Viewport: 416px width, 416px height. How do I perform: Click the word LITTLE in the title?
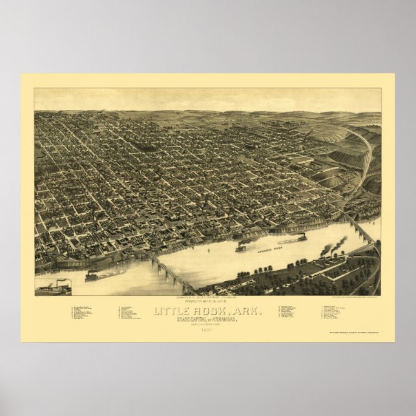click(173, 312)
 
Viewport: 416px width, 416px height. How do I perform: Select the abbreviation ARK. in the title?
click(247, 312)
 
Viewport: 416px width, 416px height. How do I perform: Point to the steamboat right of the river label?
click(302, 237)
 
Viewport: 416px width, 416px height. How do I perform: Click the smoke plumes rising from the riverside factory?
click(337, 244)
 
